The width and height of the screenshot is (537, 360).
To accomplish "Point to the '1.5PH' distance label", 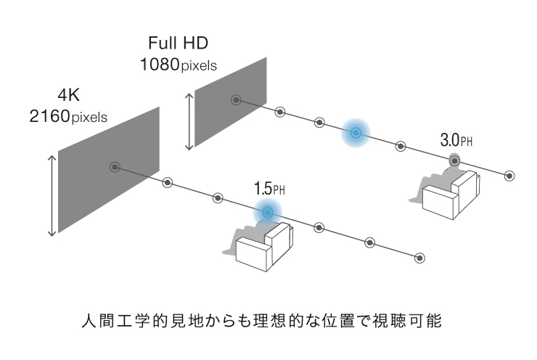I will pyautogui.click(x=270, y=189).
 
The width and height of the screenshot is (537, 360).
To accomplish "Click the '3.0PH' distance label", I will pyautogui.click(x=456, y=139).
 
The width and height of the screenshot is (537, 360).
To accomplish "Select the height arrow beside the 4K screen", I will pyautogui.click(x=52, y=195).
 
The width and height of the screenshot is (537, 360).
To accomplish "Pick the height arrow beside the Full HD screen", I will pyautogui.click(x=190, y=120).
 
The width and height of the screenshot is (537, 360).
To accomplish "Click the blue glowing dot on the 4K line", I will pyautogui.click(x=268, y=213).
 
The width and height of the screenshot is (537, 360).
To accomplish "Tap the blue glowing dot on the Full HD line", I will pyautogui.click(x=356, y=132).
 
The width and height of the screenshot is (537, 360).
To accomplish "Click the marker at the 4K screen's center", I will pyautogui.click(x=115, y=168).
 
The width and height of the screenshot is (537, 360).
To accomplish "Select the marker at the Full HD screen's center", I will pyautogui.click(x=235, y=100).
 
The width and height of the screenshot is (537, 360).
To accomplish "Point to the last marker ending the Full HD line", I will pyautogui.click(x=509, y=176).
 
